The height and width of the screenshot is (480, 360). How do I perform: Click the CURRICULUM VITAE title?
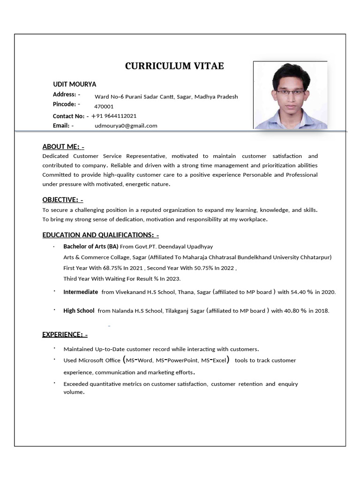174,66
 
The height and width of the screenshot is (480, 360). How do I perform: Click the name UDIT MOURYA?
75,84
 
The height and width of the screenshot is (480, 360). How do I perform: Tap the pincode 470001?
104,106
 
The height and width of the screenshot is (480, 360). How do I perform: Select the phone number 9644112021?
119,116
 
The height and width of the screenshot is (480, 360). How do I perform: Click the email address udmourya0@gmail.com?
126,126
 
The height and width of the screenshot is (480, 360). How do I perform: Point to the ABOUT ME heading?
63,146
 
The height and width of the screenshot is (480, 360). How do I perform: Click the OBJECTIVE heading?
63,200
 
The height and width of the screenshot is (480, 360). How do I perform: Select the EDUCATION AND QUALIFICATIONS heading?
101,235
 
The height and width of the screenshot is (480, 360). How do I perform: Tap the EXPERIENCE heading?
65,334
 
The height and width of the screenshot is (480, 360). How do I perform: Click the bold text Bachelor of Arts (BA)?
91,247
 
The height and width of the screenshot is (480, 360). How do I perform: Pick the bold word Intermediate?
81,292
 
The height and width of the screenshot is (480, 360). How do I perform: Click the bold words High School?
79,310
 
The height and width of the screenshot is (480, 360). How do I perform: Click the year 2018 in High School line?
322,310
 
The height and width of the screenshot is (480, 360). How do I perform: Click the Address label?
64,95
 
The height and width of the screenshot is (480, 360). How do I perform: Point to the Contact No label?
68,116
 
